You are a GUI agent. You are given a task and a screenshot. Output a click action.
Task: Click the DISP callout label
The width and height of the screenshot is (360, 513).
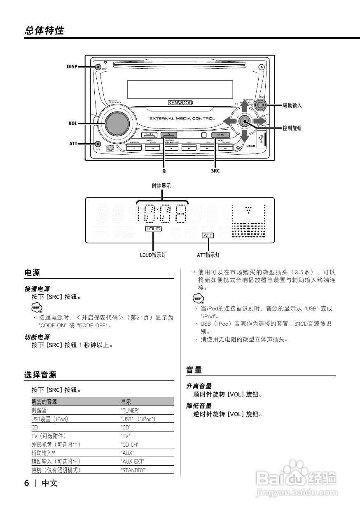pos(72,67)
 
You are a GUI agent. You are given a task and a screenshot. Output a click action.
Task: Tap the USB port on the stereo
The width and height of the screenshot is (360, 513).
pos(261,139)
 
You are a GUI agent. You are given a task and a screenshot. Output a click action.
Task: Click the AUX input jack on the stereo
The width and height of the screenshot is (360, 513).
pos(260,105)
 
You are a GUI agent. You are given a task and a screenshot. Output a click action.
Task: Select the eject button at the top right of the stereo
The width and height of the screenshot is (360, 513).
pos(262,67)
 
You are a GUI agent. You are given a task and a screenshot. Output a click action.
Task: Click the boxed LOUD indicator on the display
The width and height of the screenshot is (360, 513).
pos(153,229)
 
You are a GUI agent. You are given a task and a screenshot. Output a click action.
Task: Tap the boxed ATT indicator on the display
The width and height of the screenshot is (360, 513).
pos(208,236)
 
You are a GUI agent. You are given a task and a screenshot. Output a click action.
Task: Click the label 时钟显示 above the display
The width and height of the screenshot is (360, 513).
pos(161,186)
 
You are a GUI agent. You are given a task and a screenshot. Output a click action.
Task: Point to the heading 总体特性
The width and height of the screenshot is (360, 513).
pos(44,30)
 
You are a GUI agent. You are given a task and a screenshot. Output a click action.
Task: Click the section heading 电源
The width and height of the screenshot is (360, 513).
pos(33,273)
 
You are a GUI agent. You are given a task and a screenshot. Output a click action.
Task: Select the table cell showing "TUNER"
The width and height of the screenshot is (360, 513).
pos(130,410)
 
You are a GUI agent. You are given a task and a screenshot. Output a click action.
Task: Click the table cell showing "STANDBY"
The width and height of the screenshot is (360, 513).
pos(133,470)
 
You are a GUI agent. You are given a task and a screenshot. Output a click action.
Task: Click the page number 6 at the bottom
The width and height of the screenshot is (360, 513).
pos(27,483)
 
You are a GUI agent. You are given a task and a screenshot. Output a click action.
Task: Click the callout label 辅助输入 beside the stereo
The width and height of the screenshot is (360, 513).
pos(292,106)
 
